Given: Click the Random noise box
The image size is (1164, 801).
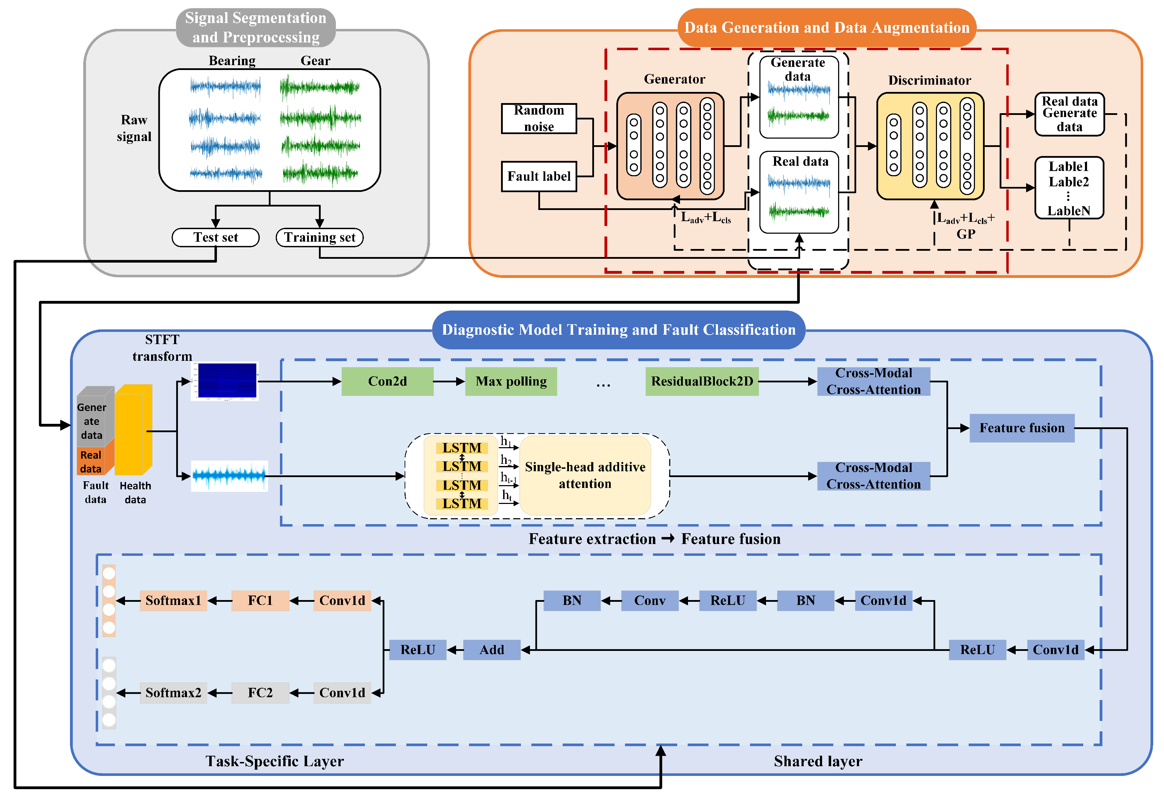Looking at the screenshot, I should tap(539, 118).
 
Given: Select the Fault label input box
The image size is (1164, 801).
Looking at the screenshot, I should tap(539, 176).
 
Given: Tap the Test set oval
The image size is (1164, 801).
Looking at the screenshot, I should tap(216, 238).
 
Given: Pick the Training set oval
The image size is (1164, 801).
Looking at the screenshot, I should tap(320, 238).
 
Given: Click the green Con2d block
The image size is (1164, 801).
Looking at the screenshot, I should tap(387, 381).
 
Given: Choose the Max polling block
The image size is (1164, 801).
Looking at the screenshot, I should tap(511, 381).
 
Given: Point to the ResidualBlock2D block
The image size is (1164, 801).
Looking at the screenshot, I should tap(702, 381).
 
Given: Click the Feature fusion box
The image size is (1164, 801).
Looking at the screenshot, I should tap(1022, 428).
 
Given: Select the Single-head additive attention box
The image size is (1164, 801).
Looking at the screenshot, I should tap(585, 475).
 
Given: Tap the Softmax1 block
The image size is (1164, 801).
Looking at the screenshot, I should tap(173, 601).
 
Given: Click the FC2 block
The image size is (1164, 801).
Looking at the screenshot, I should tap(260, 693).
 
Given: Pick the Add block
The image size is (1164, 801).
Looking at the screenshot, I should tap(492, 650).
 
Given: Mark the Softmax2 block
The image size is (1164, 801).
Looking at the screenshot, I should tap(173, 693).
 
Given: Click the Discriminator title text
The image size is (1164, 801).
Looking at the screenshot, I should tap(929, 80).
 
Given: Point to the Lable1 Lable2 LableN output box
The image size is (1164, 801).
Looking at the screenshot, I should tap(1069, 188).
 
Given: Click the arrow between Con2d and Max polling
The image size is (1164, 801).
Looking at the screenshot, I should tap(449, 381).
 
